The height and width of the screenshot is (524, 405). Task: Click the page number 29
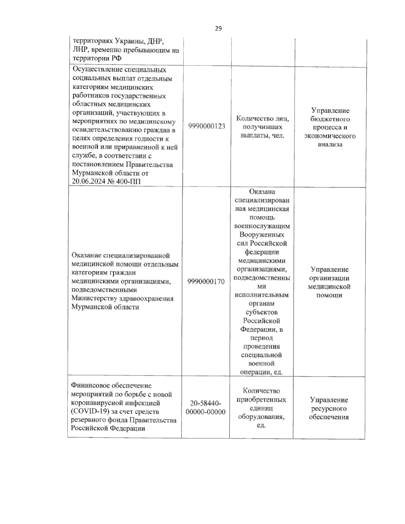pos(218,29)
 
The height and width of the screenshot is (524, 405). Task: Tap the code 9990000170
pos(207,281)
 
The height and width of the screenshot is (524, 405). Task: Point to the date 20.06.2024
pos(88,182)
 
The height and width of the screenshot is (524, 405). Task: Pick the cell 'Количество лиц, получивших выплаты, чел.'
pos(263,127)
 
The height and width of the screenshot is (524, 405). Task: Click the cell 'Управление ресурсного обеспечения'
pos(329,408)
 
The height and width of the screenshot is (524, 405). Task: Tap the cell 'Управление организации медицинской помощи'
pos(329,282)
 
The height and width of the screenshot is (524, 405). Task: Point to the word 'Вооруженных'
pos(262,235)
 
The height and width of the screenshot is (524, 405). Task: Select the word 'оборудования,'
pos(261,416)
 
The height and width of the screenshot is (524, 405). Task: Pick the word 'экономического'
pos(330,136)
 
